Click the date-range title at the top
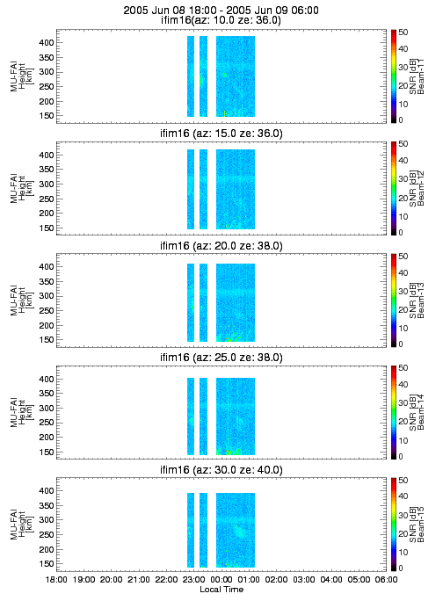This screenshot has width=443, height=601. (x=221, y=11)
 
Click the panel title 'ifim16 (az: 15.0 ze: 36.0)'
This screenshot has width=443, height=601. (x=221, y=134)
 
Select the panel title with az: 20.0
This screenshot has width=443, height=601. (x=221, y=246)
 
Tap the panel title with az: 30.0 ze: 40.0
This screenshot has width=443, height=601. (x=221, y=470)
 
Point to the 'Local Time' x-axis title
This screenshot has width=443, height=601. (x=221, y=589)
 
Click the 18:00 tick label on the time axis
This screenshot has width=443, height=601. (x=56, y=579)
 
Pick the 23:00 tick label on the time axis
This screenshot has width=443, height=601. (x=194, y=579)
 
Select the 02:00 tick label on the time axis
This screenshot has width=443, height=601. (x=277, y=579)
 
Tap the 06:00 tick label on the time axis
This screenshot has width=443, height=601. (x=386, y=579)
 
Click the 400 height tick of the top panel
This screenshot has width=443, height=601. (x=47, y=42)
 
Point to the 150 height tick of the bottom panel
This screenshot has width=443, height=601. (x=47, y=564)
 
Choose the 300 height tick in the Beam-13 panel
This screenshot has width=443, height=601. (x=47, y=296)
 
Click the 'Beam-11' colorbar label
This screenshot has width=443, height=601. (x=421, y=76)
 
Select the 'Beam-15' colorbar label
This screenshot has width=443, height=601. (x=421, y=525)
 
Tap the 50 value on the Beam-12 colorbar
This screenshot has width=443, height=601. (x=403, y=144)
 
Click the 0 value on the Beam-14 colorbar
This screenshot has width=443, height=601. (x=401, y=457)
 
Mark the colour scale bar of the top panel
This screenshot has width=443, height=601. (x=394, y=76)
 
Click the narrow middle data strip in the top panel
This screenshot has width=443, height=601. (x=203, y=76)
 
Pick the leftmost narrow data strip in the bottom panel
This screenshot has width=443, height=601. (x=191, y=530)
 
